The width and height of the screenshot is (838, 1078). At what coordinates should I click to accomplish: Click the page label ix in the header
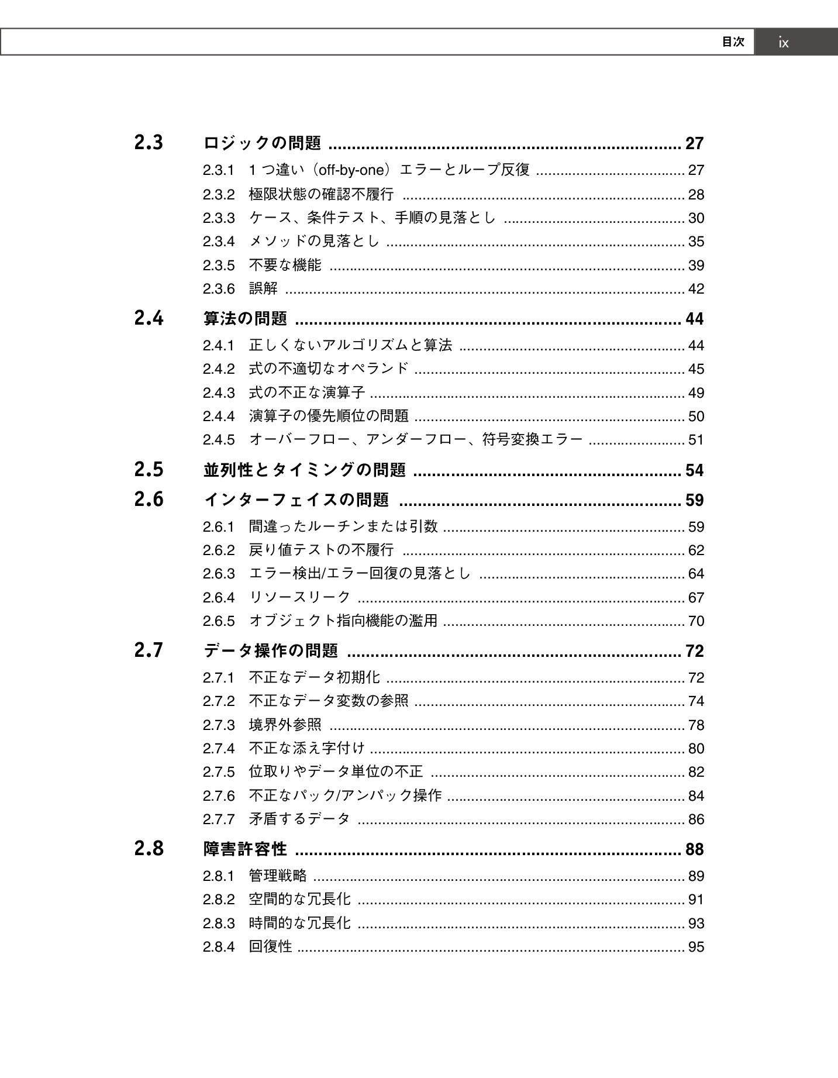pos(783,43)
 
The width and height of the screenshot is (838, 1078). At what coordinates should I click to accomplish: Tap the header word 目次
pos(733,42)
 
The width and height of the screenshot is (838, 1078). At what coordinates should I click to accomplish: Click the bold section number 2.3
pos(149,143)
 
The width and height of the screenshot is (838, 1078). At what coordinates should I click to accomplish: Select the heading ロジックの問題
pos(263,143)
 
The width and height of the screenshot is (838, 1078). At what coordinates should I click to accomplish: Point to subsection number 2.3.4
pos(219,242)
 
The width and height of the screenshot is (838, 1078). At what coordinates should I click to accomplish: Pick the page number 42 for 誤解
pos(696,289)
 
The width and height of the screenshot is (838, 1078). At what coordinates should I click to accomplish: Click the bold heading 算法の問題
pos(245,319)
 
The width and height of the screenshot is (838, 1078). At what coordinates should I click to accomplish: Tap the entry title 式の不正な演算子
pos(307,392)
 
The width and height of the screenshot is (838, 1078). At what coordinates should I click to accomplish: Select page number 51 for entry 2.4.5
pos(696,440)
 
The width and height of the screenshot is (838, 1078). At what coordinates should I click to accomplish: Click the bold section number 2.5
pos(149,470)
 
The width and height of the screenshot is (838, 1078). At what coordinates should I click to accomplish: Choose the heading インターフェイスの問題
pos(296,500)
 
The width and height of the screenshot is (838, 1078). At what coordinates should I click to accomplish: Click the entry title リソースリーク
pos(300,597)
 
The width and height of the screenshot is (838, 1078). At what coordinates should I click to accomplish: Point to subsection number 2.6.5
pos(219,621)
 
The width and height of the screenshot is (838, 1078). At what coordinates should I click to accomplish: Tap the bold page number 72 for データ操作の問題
pos(695,651)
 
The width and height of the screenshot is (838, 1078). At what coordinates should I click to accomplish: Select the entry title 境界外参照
pos(285,725)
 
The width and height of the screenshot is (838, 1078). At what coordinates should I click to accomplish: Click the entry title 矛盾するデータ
pos(300,819)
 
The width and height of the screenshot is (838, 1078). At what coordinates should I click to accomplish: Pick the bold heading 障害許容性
pos(245,849)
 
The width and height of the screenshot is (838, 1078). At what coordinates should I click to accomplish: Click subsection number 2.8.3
pos(219,924)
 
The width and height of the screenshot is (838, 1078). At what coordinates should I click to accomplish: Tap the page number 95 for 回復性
pos(696,947)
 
